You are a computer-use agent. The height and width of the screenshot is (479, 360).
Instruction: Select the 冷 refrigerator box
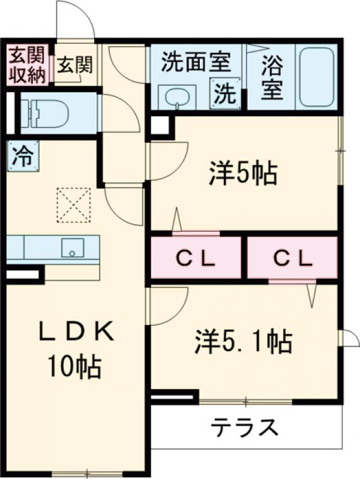(x=22, y=157)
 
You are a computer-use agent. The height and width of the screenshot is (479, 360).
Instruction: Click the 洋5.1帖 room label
(x=242, y=342)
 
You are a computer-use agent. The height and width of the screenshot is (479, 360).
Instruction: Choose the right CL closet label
(x=293, y=258)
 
